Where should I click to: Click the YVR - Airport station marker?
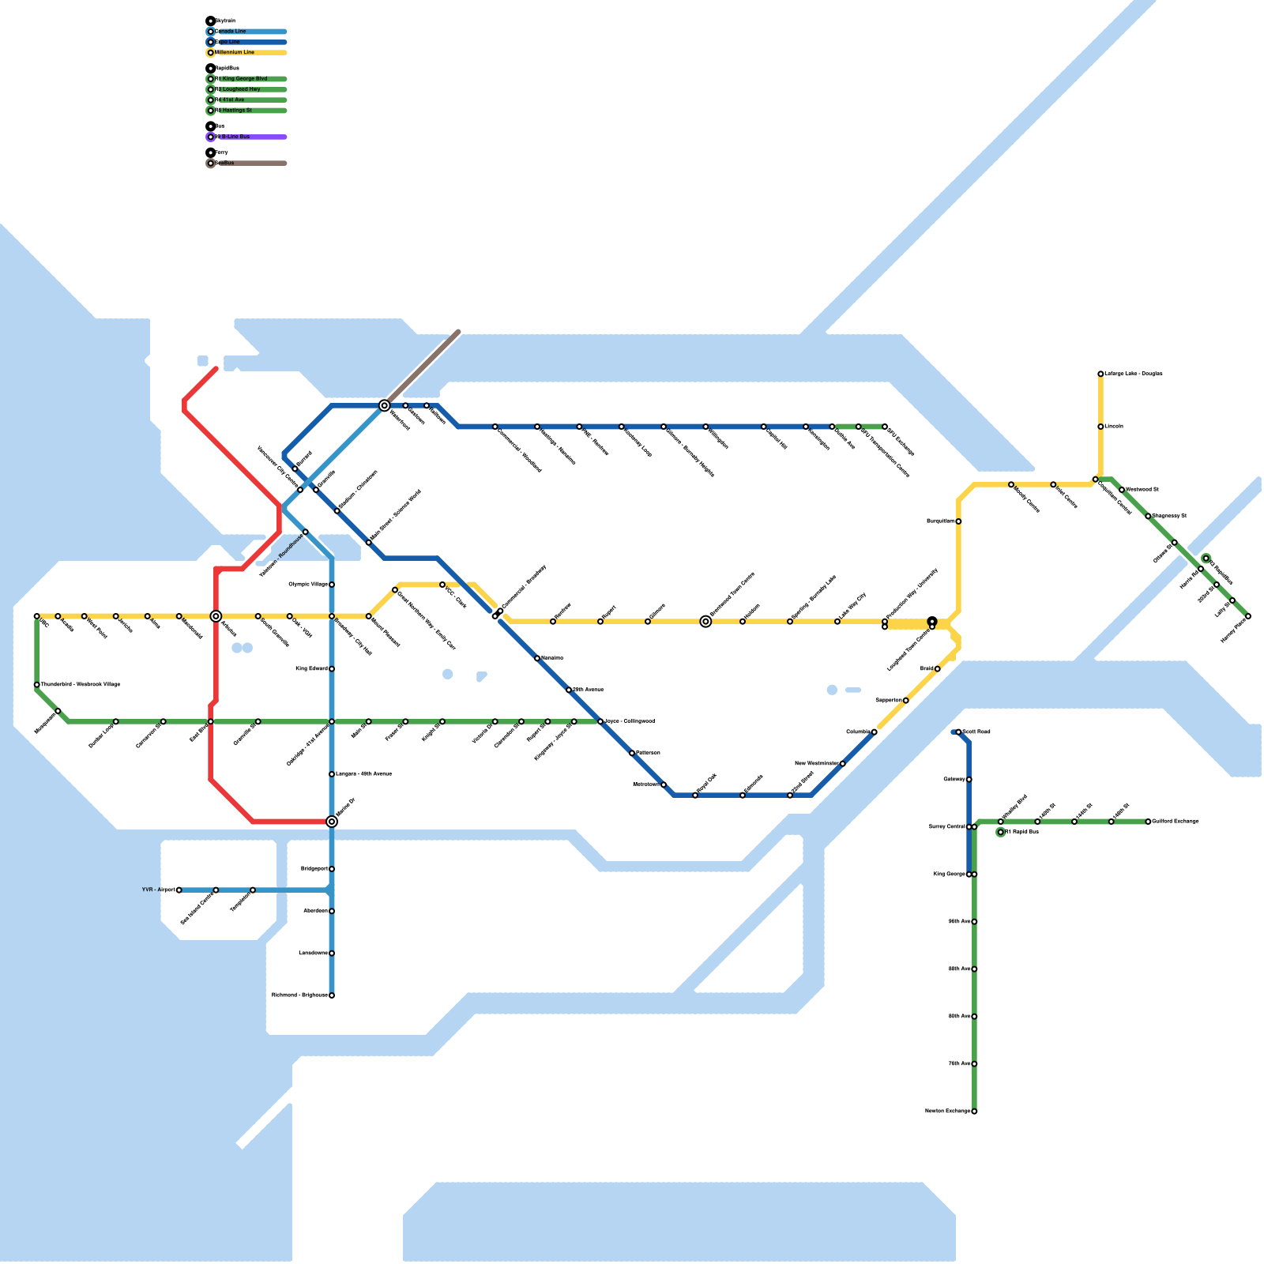click(179, 890)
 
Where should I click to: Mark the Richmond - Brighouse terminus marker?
click(332, 995)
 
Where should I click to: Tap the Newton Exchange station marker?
click(974, 1112)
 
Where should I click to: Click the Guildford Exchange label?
click(1176, 822)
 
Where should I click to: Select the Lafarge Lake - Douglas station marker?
click(1100, 374)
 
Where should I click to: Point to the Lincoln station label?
click(1114, 427)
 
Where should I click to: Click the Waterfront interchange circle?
click(385, 405)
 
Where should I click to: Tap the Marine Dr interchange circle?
click(332, 822)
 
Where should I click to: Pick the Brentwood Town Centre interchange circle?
click(705, 622)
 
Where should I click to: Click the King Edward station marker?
click(332, 669)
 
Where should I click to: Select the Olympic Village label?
click(308, 585)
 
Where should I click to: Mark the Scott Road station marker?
click(958, 732)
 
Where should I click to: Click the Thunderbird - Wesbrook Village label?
click(81, 684)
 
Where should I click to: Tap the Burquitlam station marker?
click(958, 521)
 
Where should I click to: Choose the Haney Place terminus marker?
click(1248, 616)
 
